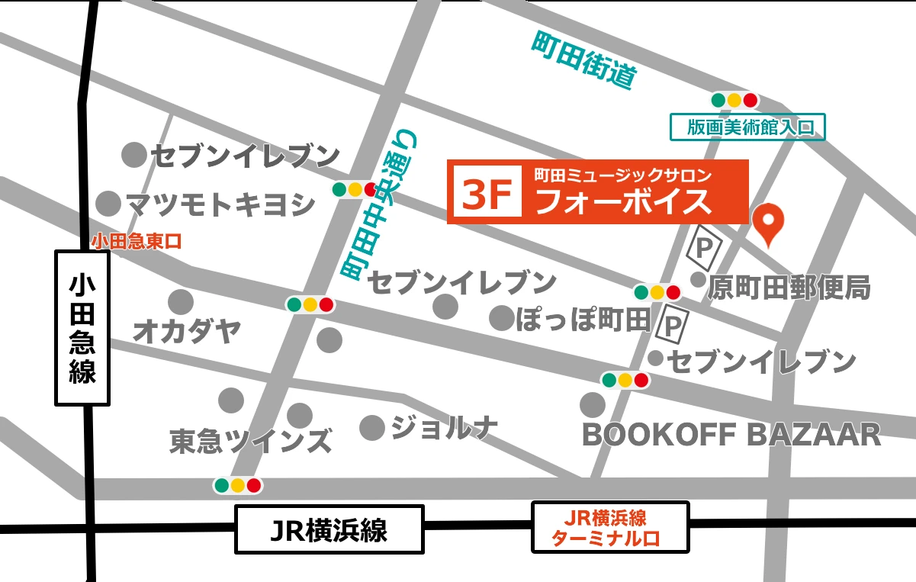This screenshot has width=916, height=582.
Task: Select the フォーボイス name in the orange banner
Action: click(623, 201)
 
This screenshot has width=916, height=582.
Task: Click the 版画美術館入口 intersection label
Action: click(747, 127)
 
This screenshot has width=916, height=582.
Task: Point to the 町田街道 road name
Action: click(583, 60)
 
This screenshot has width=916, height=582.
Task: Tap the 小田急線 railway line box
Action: click(82, 329)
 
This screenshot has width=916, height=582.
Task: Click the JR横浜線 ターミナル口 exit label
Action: click(610, 528)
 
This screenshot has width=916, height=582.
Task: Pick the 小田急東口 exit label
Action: click(137, 242)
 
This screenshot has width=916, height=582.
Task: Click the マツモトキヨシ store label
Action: click(220, 204)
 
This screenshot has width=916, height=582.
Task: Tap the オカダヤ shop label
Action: click(187, 332)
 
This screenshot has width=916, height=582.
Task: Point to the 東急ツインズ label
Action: click(251, 441)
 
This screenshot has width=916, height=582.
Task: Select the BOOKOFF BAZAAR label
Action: click(731, 435)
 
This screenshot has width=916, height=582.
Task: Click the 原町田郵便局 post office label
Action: click(789, 288)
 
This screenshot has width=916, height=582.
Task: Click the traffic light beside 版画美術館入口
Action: click(734, 100)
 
